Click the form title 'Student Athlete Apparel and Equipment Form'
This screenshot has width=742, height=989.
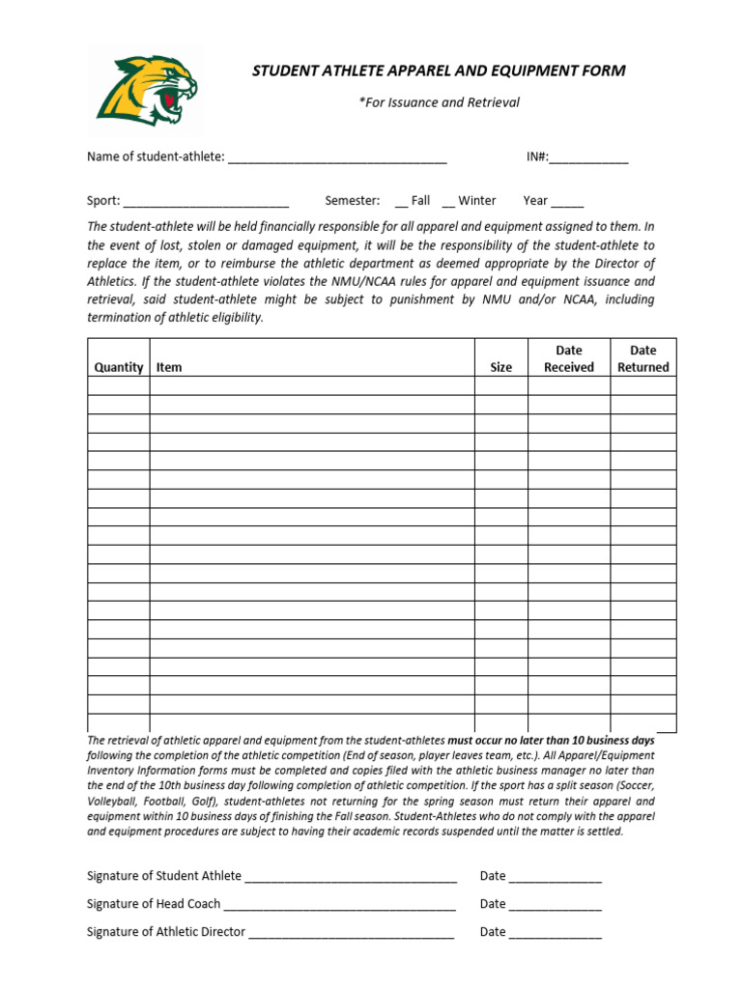[x=439, y=71]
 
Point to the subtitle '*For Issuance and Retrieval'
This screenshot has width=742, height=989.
[x=439, y=102]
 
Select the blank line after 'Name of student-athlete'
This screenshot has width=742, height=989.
[x=336, y=158]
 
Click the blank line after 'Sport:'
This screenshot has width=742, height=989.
[x=206, y=203]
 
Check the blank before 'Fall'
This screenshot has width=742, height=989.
[x=401, y=203]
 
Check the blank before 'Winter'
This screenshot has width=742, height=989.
[x=447, y=203]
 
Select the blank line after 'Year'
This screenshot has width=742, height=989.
[x=567, y=203]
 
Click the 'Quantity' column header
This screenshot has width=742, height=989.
[x=119, y=367]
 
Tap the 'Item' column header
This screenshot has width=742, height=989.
[x=169, y=367]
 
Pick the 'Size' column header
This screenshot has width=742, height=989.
[x=500, y=367]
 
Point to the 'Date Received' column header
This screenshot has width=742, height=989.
[x=568, y=358]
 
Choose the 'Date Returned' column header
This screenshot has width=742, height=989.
[x=642, y=358]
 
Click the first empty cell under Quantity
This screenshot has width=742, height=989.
[x=119, y=386]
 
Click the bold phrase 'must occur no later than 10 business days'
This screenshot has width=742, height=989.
[x=551, y=740]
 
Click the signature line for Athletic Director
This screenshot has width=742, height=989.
[x=351, y=934]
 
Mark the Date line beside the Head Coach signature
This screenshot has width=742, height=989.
[x=555, y=906]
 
